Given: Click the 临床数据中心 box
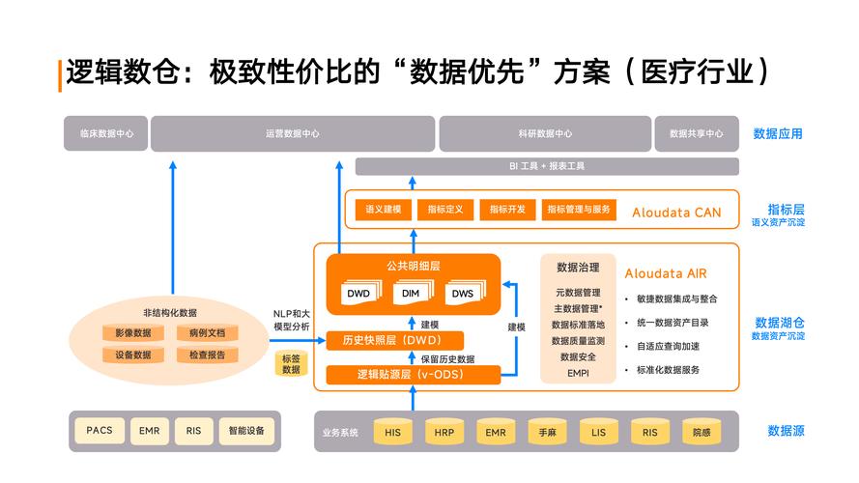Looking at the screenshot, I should coord(105,133).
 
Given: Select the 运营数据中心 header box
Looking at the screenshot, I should coord(292,133).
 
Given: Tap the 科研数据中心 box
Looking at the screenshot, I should coord(544,133).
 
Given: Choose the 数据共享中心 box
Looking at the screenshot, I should coord(696,133).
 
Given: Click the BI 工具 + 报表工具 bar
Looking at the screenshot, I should coord(547,166).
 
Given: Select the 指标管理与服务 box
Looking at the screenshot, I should coord(579,210).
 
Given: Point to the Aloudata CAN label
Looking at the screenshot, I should coord(676,212).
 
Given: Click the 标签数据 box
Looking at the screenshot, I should coord(290,363).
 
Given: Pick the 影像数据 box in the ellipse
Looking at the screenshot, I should coord(132,333).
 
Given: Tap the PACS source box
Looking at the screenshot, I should coord(100,430).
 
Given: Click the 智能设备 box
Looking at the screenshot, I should coord(246,430).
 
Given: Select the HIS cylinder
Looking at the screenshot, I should coord(392,433).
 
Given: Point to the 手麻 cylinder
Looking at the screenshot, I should coord(547,433).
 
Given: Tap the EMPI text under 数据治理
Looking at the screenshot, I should coord(578,373).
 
